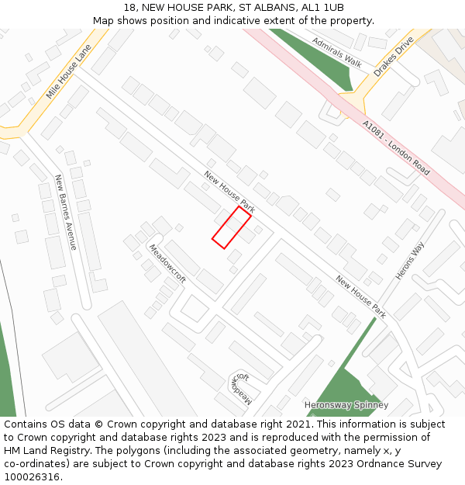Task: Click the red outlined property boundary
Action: [x=232, y=227]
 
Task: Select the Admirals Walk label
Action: [x=337, y=51]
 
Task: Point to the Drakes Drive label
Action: [x=394, y=58]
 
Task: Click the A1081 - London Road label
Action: [x=396, y=147]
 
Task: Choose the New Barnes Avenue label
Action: [x=66, y=212]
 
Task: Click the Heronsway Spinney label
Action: [x=346, y=405]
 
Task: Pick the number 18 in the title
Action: [x=129, y=7]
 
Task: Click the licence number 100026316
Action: [x=31, y=477]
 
